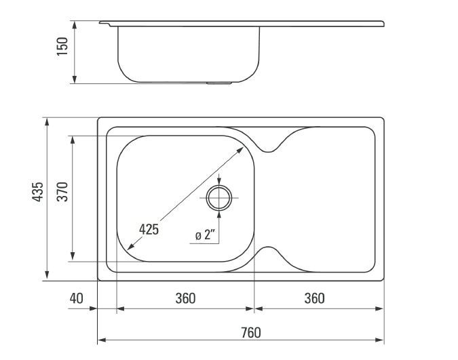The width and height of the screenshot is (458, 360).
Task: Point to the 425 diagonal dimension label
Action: (x=149, y=230)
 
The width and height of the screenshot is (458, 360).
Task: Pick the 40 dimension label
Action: (x=76, y=298)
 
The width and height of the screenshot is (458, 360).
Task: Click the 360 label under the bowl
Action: (x=185, y=298)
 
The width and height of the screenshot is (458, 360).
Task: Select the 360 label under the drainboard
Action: (x=314, y=298)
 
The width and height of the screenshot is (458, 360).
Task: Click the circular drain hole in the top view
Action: (x=219, y=197)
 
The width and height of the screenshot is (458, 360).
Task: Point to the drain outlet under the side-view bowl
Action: (x=219, y=84)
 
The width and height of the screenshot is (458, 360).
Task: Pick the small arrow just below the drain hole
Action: (x=219, y=212)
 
